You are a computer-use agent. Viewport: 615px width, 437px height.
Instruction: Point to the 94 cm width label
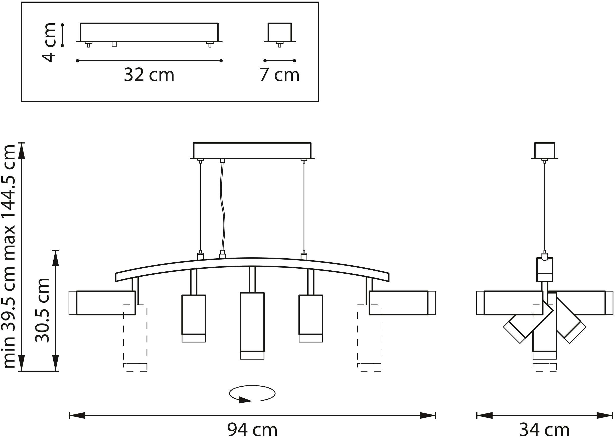coord(252,429)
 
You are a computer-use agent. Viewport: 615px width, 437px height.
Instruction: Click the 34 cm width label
coord(544,429)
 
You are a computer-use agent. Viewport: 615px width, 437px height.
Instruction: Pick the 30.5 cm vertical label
coord(43,310)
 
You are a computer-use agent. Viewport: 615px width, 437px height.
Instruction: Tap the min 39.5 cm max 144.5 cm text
coord(8,256)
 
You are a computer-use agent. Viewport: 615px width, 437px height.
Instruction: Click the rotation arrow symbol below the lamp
coord(252,394)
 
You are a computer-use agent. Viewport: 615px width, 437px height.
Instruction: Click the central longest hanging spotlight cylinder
coord(252,326)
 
